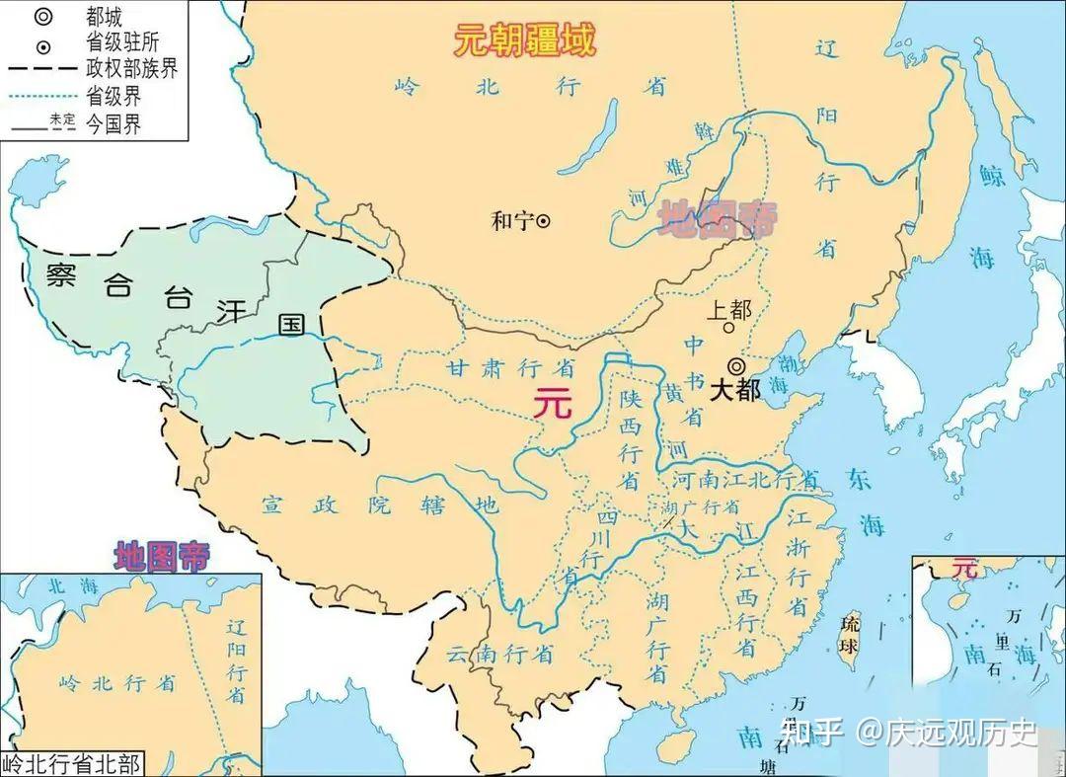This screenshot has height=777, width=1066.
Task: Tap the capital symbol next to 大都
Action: [735, 364]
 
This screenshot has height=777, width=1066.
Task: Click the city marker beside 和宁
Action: [543, 221]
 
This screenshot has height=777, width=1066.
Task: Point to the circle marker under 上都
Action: [727, 328]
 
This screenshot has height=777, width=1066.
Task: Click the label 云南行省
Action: [498, 654]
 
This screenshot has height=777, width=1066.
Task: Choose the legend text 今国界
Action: [114, 125]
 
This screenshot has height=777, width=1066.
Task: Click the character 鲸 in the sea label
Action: [991, 176]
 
